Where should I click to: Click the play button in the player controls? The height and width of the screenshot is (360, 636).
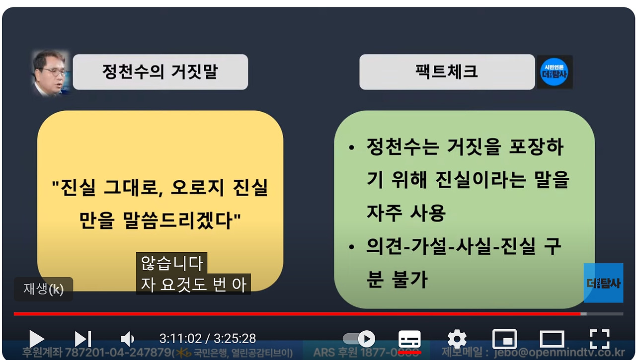click(36, 339)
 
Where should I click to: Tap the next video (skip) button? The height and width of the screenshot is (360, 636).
click(83, 339)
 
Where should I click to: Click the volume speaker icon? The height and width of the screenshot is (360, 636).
click(127, 339)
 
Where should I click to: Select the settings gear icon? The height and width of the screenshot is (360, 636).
click(457, 339)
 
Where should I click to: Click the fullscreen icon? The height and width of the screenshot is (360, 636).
click(599, 339)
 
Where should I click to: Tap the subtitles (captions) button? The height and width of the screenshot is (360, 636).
click(410, 340)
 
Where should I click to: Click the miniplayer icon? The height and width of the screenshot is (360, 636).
click(504, 339)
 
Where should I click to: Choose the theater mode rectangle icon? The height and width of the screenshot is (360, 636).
click(552, 339)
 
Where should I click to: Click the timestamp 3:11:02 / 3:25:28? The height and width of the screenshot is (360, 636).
click(208, 339)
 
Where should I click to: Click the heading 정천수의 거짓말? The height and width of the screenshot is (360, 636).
click(160, 72)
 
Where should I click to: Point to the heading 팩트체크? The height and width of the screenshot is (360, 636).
click(447, 72)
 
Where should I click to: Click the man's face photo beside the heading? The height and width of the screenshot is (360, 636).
click(50, 72)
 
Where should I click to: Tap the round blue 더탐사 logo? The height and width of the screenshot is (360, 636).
click(555, 72)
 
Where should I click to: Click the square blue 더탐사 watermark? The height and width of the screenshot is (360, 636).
click(603, 283)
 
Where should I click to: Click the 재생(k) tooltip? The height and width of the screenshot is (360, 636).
click(44, 289)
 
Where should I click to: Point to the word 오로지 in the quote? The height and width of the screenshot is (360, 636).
click(191, 188)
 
